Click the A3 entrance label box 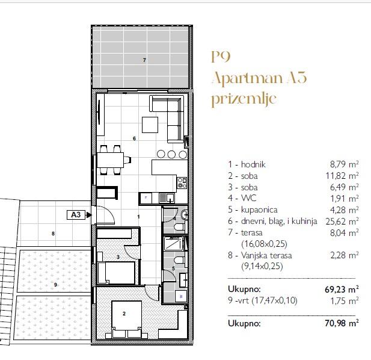coord(76,215)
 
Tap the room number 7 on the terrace coord(144,60)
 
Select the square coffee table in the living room coord(150,125)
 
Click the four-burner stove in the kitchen coord(182,183)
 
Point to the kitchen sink coord(167,197)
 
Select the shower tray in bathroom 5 coord(174,243)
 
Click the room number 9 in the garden coord(55,285)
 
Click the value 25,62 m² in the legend coord(342,221)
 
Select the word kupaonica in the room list coord(259,209)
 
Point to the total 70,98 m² coord(342,323)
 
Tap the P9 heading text coord(221,57)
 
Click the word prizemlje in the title coord(244,99)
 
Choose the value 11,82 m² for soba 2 coord(342,176)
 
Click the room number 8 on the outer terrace coord(54,234)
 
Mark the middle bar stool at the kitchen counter coord(171,155)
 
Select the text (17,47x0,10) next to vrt coord(274,300)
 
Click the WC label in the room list coord(248,198)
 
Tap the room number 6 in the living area coord(135,138)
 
